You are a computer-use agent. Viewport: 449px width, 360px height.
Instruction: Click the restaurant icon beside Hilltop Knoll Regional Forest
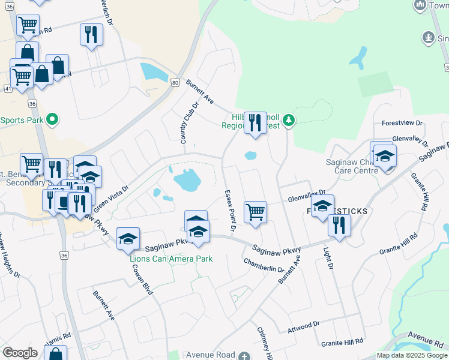[x=255, y=123]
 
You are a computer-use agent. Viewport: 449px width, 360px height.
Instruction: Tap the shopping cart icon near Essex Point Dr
[x=256, y=212]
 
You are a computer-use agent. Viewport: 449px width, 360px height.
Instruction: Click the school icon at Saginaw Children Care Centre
[x=384, y=157]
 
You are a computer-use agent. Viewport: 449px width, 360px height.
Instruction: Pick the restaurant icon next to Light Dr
[x=340, y=225]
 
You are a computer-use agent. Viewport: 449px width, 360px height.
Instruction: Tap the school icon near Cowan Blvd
[x=128, y=239]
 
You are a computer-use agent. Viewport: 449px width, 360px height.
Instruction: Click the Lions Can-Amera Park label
[x=172, y=259]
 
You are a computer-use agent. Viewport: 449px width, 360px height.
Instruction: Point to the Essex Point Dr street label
[x=230, y=212]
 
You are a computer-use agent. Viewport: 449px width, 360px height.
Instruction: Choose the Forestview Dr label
[x=402, y=123]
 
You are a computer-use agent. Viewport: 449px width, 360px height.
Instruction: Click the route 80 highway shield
[x=175, y=82]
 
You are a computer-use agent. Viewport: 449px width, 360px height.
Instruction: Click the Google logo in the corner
[x=20, y=353]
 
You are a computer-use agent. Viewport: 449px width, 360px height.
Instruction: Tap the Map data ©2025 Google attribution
[x=412, y=355]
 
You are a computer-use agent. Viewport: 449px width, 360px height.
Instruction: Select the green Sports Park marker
[x=52, y=119]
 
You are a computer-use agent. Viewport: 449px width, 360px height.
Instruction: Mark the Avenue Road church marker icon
[x=244, y=355]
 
